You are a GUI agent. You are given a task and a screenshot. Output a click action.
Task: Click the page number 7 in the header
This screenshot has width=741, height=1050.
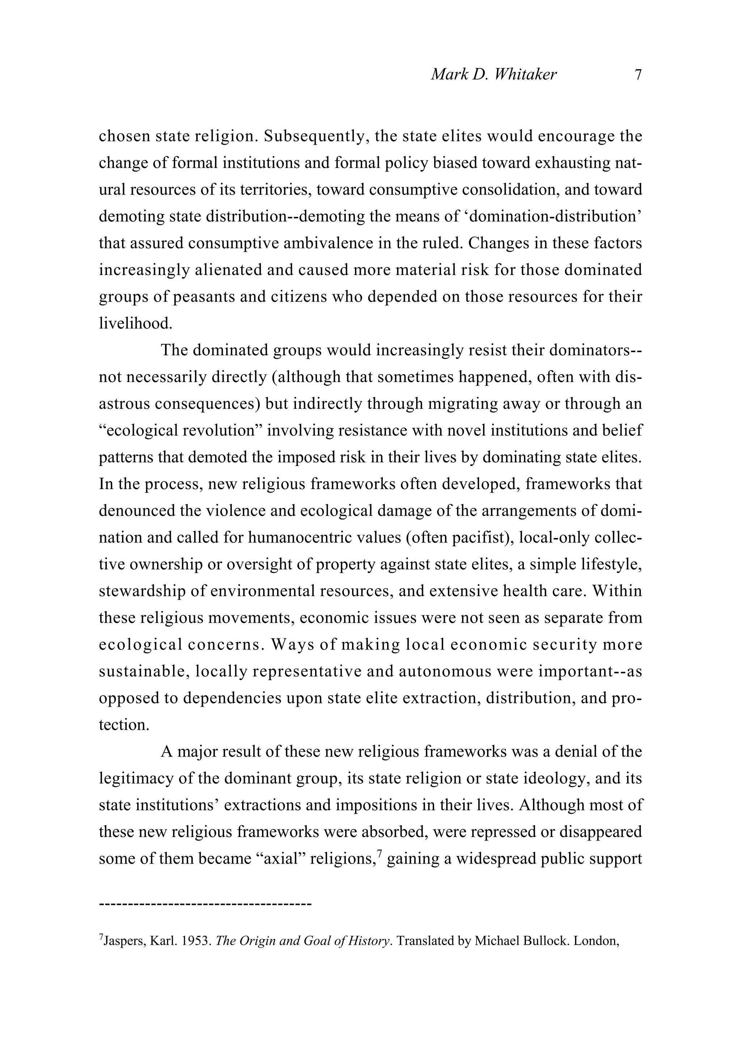638,75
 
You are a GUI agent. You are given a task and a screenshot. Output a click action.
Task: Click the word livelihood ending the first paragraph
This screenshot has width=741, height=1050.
135,323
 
